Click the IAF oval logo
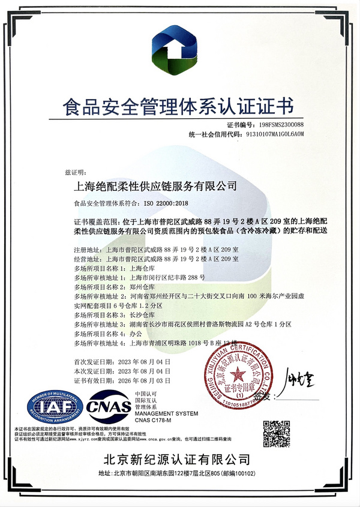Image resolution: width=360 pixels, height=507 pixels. pyautogui.click(x=53, y=409)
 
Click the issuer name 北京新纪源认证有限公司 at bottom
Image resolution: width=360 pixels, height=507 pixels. pyautogui.click(x=179, y=461)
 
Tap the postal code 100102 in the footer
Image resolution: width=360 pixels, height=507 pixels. pyautogui.click(x=248, y=473)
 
